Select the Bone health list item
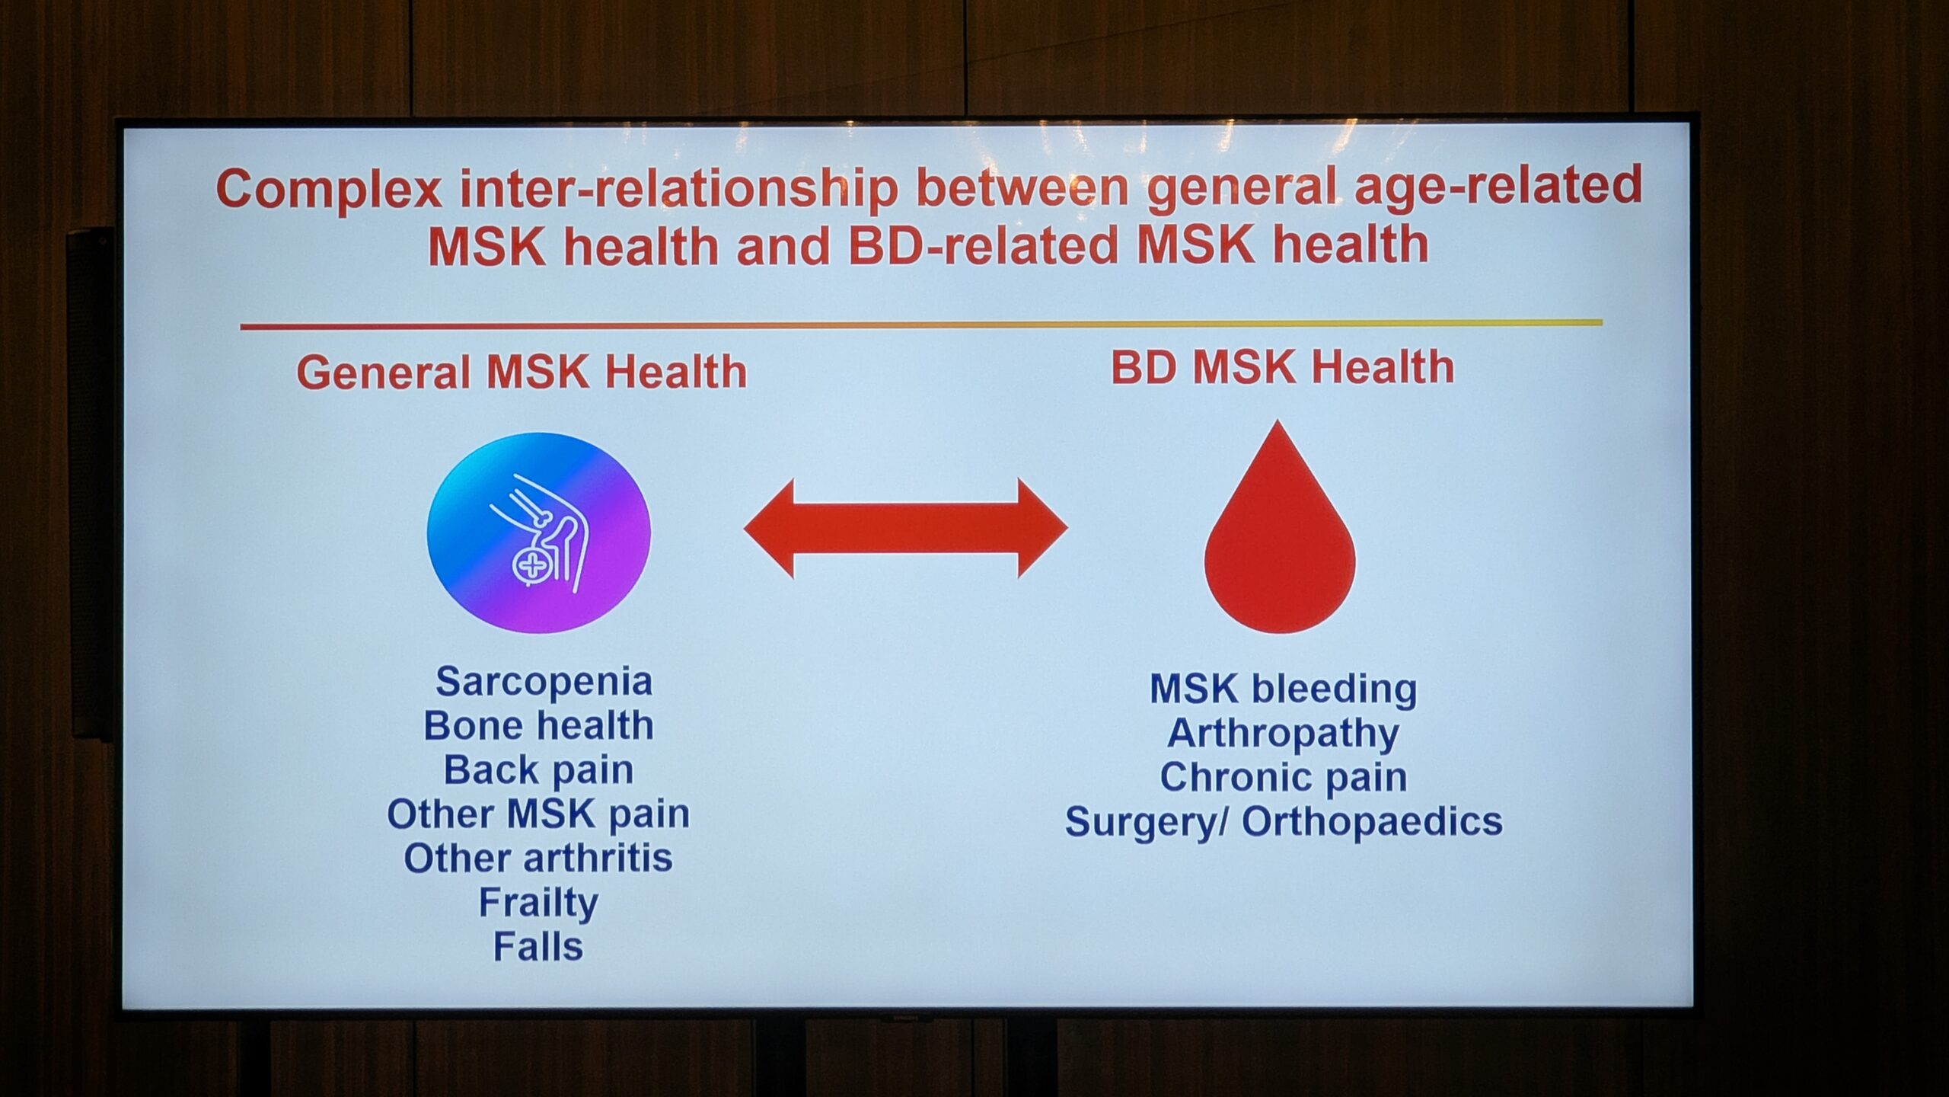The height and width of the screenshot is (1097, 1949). coord(538,726)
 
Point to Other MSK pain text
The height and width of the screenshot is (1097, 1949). coord(538,814)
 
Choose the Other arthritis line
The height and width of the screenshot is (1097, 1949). coord(538,859)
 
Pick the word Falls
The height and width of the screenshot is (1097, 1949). coord(538,947)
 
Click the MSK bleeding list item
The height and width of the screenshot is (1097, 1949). coord(1283,689)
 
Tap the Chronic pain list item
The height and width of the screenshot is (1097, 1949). coord(1283,778)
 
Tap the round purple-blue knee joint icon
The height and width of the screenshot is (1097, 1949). coord(538,533)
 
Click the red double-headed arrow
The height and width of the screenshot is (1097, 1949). coord(905,529)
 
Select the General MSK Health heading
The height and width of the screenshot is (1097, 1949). coord(522,373)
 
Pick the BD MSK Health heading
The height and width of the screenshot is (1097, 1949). coord(1282,367)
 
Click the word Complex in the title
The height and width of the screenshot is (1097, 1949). coord(329,190)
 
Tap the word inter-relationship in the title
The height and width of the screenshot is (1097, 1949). coord(679,190)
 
